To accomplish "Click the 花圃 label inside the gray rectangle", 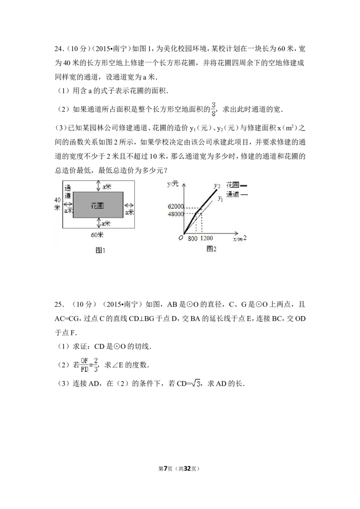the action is pos(98,205).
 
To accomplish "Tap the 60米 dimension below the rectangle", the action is pos(97,235).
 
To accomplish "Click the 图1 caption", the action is pos(100,250).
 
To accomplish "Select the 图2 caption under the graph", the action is pos(211,249).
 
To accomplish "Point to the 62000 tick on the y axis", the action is pos(175,207).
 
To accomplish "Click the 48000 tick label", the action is pos(175,214).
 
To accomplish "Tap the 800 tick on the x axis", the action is pos(193,239).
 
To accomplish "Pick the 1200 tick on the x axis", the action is pos(207,239).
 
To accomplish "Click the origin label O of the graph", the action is pos(180,238).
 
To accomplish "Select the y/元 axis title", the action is pos(173,183).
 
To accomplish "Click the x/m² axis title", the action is pos(240,239).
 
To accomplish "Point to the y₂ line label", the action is pos(216,185).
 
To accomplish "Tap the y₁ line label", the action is pos(220,198).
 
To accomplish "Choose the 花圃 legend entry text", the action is pos(232,185).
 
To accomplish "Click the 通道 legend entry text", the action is pos(232,194).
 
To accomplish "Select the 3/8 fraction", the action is pos(213,110).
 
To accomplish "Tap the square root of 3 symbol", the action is pos(195,384).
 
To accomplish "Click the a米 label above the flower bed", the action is pos(107,186).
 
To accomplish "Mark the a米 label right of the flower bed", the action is pos(130,211).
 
